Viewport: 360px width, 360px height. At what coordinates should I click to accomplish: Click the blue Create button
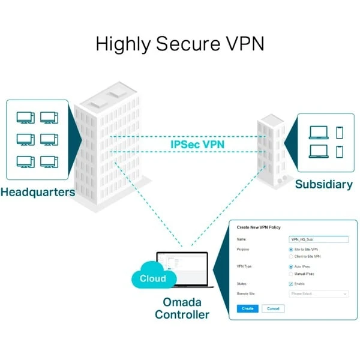[247, 308]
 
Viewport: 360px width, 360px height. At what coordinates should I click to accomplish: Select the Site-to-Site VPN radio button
[291, 249]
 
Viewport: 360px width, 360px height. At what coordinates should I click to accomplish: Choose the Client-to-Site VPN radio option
[291, 256]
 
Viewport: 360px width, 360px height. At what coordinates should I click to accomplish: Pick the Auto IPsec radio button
[291, 266]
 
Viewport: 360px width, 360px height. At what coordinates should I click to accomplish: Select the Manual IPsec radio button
[291, 274]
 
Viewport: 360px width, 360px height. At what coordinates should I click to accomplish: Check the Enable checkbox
[291, 284]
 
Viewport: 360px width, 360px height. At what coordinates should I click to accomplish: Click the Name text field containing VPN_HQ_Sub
[318, 239]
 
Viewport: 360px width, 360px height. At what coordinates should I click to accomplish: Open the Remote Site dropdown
[318, 294]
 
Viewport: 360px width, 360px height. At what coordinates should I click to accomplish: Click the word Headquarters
[38, 193]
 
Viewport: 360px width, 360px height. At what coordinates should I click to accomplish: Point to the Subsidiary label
[323, 185]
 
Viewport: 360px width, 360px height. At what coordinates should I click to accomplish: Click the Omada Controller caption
[182, 308]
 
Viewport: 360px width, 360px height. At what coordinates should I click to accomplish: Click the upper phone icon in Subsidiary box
[340, 132]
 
